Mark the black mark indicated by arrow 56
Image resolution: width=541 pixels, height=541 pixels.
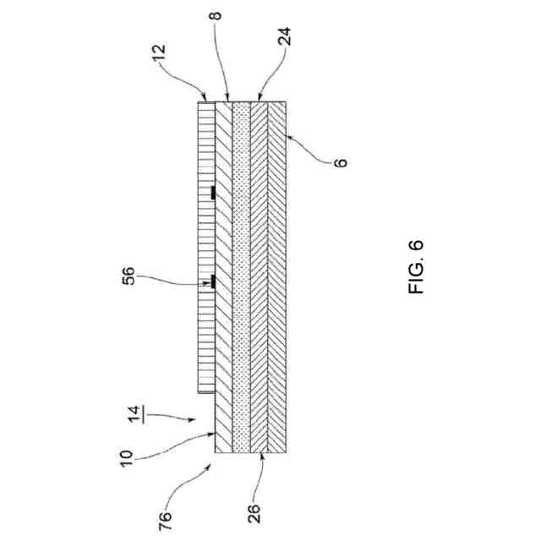click(213, 282)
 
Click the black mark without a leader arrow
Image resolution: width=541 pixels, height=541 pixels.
click(213, 194)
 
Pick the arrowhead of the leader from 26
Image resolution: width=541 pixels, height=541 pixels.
click(264, 456)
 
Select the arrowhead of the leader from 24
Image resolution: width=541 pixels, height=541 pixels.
click(257, 100)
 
